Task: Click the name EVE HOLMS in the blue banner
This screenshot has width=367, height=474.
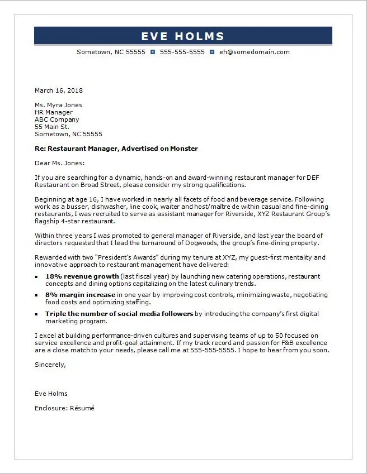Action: click(182, 36)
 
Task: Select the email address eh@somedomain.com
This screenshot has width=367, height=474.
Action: click(254, 52)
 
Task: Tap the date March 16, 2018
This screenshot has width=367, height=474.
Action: click(59, 90)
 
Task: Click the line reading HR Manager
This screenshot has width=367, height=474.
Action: click(54, 112)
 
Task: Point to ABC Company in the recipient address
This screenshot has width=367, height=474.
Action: click(57, 119)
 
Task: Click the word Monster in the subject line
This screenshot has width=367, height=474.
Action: click(185, 149)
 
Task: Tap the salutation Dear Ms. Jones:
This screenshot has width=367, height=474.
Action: click(60, 163)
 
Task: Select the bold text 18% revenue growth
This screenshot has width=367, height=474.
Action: click(82, 276)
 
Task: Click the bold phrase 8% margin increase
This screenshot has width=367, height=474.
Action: click(81, 295)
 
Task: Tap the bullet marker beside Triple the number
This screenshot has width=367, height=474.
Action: click(37, 314)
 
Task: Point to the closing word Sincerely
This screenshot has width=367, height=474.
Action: click(50, 365)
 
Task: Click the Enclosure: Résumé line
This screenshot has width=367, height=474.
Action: click(64, 408)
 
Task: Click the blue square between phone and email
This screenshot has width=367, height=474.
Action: click(212, 52)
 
